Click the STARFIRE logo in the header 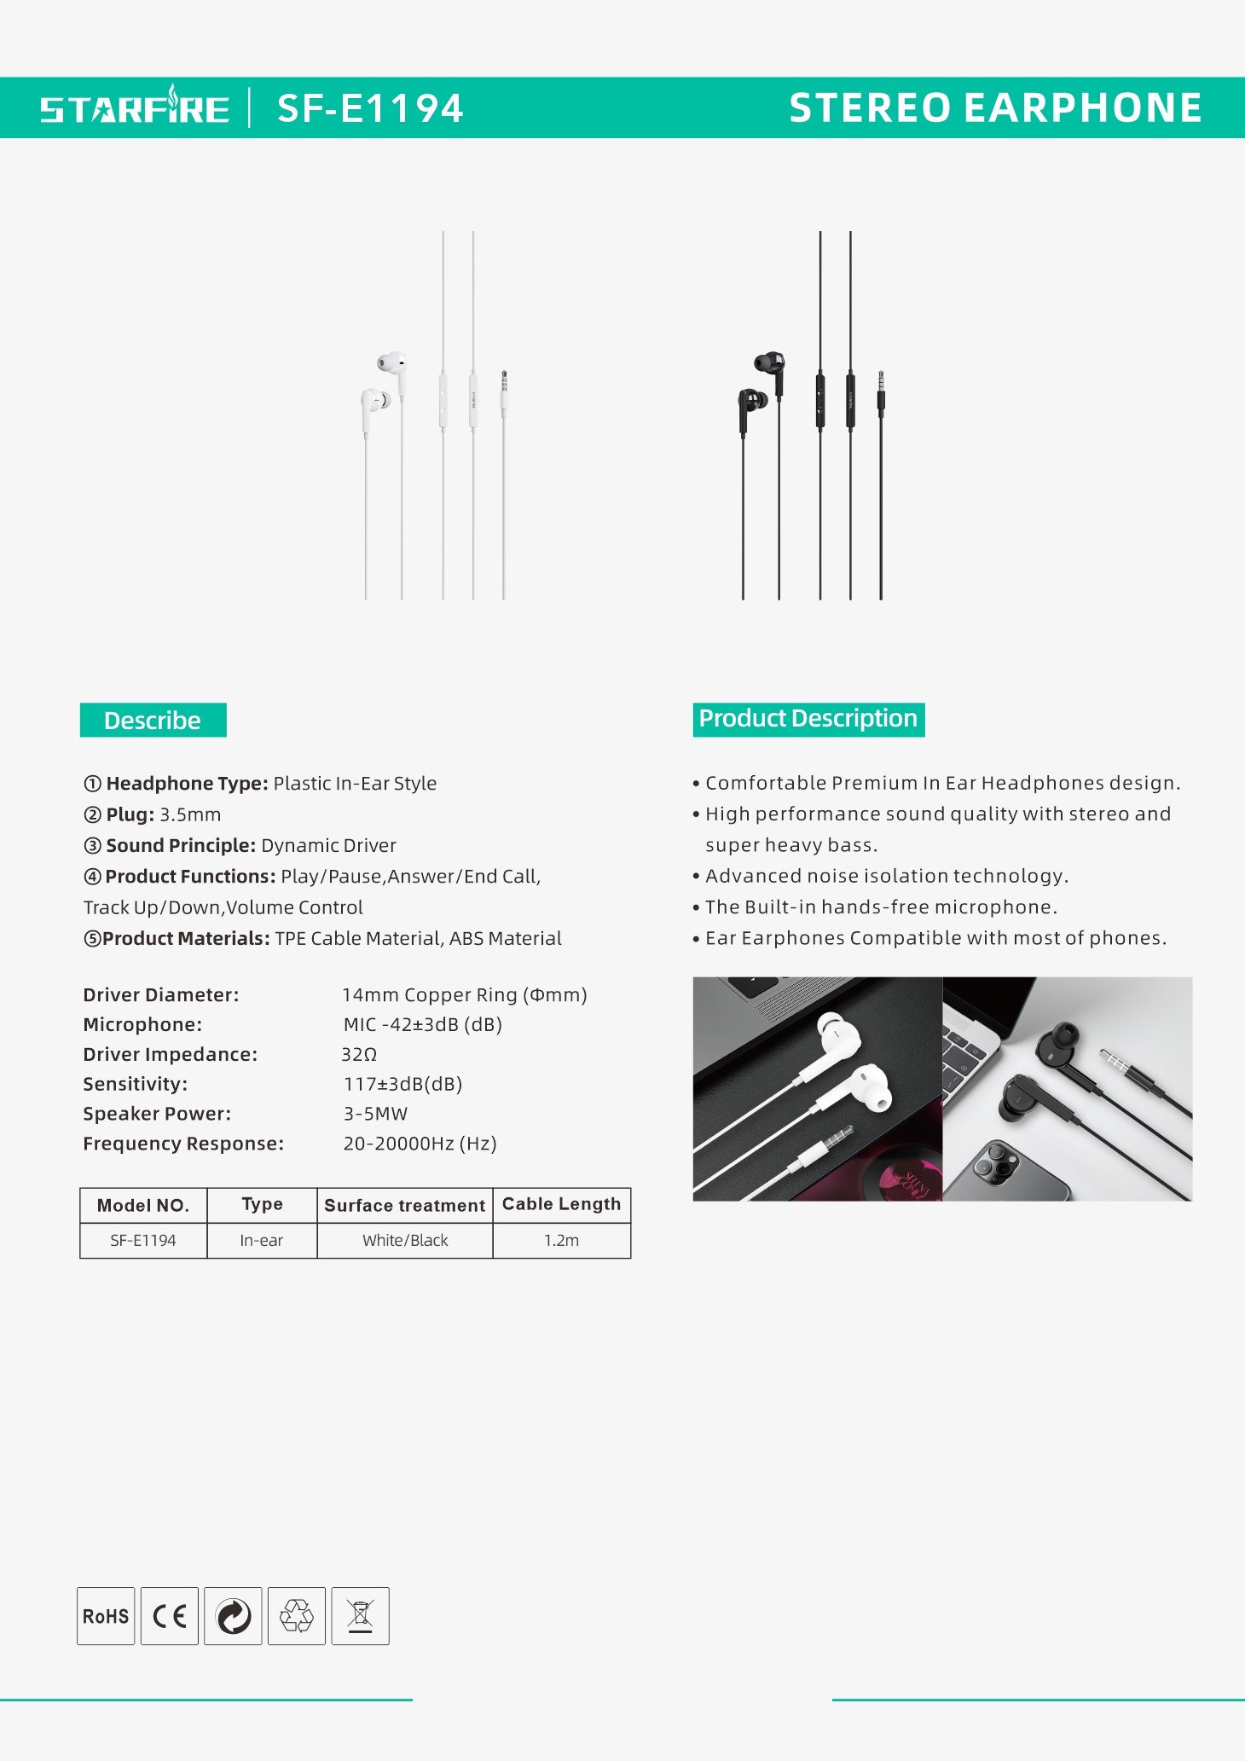point(135,108)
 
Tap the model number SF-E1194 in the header point(370,108)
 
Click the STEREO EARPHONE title point(995,108)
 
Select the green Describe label point(153,721)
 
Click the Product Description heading point(808,719)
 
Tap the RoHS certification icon point(106,1616)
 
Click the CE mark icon point(170,1616)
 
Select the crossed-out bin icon point(361,1616)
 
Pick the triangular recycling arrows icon point(297,1616)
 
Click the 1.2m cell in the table point(561,1241)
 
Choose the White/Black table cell point(405,1241)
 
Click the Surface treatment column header point(405,1205)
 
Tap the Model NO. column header point(143,1205)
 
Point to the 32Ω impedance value point(359,1055)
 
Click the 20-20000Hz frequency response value point(420,1144)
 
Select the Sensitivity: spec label point(136,1085)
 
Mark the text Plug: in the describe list point(130,814)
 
